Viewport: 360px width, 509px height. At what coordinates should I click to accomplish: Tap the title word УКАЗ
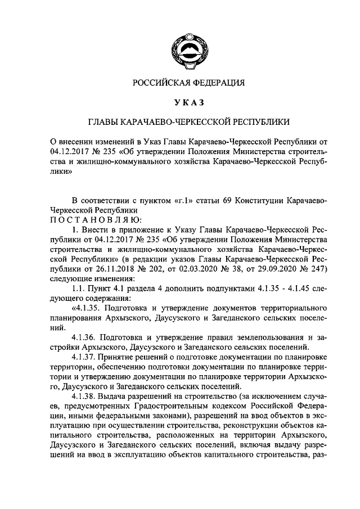189,102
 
